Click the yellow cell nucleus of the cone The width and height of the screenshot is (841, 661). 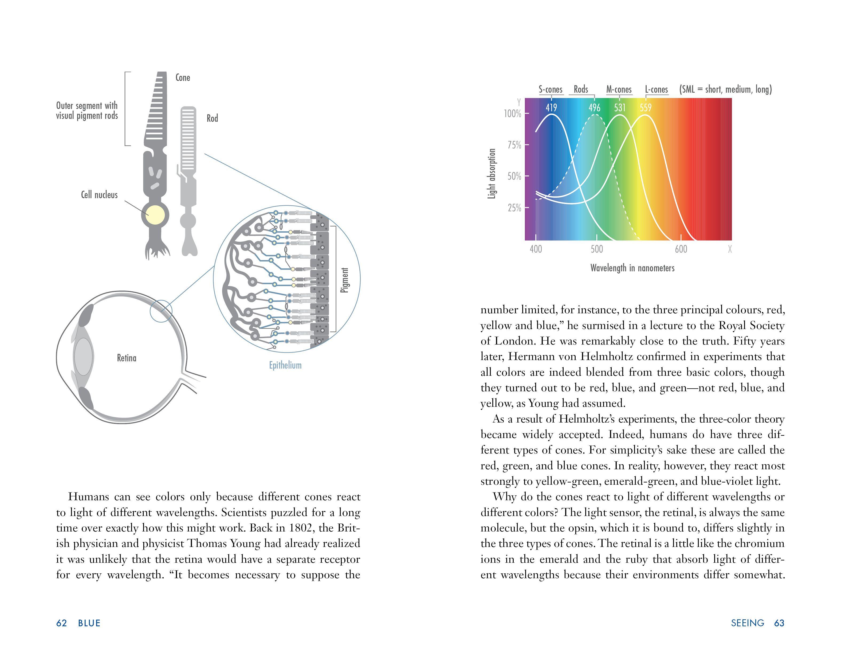[x=155, y=215]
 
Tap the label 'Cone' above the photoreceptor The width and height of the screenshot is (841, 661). [x=183, y=77]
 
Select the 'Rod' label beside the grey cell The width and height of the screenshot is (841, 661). [x=212, y=118]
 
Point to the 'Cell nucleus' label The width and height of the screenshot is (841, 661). [x=99, y=195]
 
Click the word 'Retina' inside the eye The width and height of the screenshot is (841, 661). [x=127, y=358]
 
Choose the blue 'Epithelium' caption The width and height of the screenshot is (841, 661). [x=285, y=365]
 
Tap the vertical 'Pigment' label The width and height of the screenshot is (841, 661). [x=345, y=280]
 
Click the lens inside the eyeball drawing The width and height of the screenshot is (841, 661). [x=84, y=357]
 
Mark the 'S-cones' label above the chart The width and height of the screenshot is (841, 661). [x=551, y=89]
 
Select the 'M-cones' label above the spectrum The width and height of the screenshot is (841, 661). [x=619, y=89]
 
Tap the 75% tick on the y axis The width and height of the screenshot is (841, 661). [x=514, y=145]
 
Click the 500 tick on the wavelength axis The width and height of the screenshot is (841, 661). [x=596, y=249]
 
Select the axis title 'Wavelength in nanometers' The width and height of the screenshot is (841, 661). [x=632, y=268]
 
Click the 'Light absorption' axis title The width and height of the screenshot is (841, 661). [x=492, y=174]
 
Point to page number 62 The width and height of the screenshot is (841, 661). [x=61, y=623]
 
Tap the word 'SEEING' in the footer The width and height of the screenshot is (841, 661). [x=747, y=623]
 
